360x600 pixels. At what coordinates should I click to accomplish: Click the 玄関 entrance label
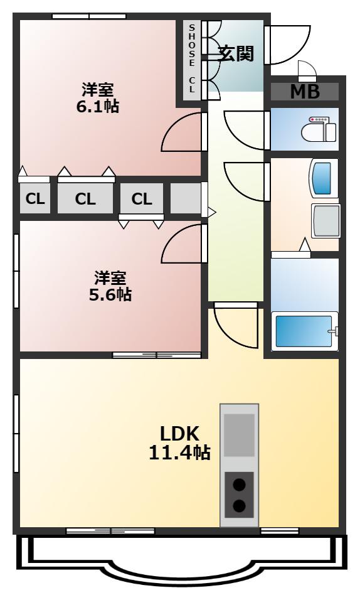pyautogui.click(x=236, y=53)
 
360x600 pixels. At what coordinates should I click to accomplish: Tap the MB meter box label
pyautogui.click(x=305, y=92)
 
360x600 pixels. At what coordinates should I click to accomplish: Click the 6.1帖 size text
pyautogui.click(x=98, y=106)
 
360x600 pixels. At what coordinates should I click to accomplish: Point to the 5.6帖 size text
pyautogui.click(x=110, y=294)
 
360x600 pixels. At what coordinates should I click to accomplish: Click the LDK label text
pyautogui.click(x=179, y=434)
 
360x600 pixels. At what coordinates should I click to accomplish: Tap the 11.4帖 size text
pyautogui.click(x=179, y=453)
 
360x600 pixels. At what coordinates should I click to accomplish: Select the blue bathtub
pyautogui.click(x=305, y=331)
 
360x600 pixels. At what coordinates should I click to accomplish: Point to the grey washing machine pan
pyautogui.click(x=326, y=221)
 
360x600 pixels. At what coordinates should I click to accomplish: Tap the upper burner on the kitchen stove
pyautogui.click(x=239, y=485)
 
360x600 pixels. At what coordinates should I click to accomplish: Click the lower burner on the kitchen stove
pyautogui.click(x=239, y=506)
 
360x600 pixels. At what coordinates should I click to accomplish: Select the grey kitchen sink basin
pyautogui.click(x=239, y=435)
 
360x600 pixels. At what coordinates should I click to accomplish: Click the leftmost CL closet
pyautogui.click(x=35, y=198)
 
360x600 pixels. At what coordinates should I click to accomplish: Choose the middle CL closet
pyautogui.click(x=85, y=198)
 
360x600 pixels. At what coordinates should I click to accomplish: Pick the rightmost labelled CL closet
pyautogui.click(x=142, y=198)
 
